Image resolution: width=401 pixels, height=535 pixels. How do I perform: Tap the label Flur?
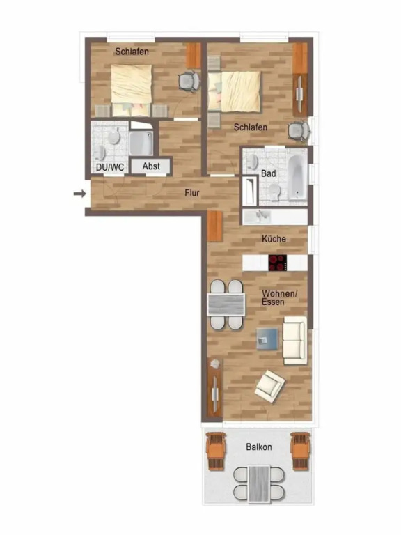click(x=193, y=193)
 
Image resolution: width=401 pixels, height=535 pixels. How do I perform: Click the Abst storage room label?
click(x=151, y=167)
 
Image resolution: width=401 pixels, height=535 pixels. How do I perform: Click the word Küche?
click(x=274, y=239)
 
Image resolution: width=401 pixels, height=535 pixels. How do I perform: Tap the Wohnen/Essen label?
click(x=279, y=298)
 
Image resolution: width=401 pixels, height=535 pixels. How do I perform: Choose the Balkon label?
click(x=258, y=447)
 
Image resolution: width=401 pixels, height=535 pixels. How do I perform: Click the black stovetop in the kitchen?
click(x=278, y=263)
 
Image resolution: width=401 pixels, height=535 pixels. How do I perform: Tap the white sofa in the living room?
click(x=294, y=339)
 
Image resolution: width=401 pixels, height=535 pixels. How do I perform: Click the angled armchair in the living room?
click(x=269, y=385)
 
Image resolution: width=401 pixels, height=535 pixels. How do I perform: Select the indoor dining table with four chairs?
click(x=226, y=304)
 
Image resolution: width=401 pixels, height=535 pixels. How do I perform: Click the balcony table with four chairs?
click(x=258, y=483)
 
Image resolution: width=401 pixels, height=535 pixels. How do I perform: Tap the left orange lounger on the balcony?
click(x=216, y=451)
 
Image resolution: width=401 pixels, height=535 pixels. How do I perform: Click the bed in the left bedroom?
click(x=132, y=84)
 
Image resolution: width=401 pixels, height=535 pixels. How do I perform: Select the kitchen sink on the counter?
click(x=263, y=216)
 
